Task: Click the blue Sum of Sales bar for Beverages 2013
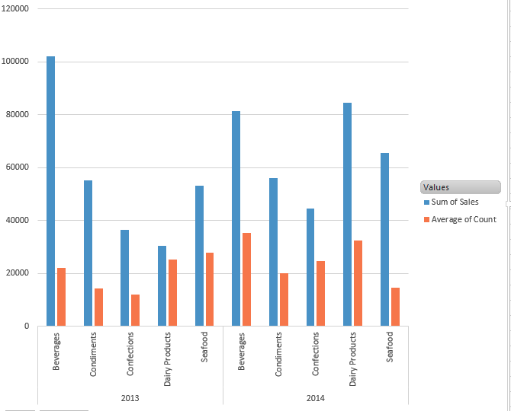(x=50, y=190)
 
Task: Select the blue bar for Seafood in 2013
(x=199, y=256)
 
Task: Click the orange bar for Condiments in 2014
(x=284, y=299)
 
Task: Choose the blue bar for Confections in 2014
(x=310, y=267)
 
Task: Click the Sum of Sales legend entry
(x=455, y=202)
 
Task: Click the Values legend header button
(x=460, y=187)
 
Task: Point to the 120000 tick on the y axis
(x=15, y=9)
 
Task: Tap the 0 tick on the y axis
(x=27, y=327)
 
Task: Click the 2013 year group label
(x=130, y=398)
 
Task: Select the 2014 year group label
(x=315, y=398)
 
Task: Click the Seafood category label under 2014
(x=390, y=347)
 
